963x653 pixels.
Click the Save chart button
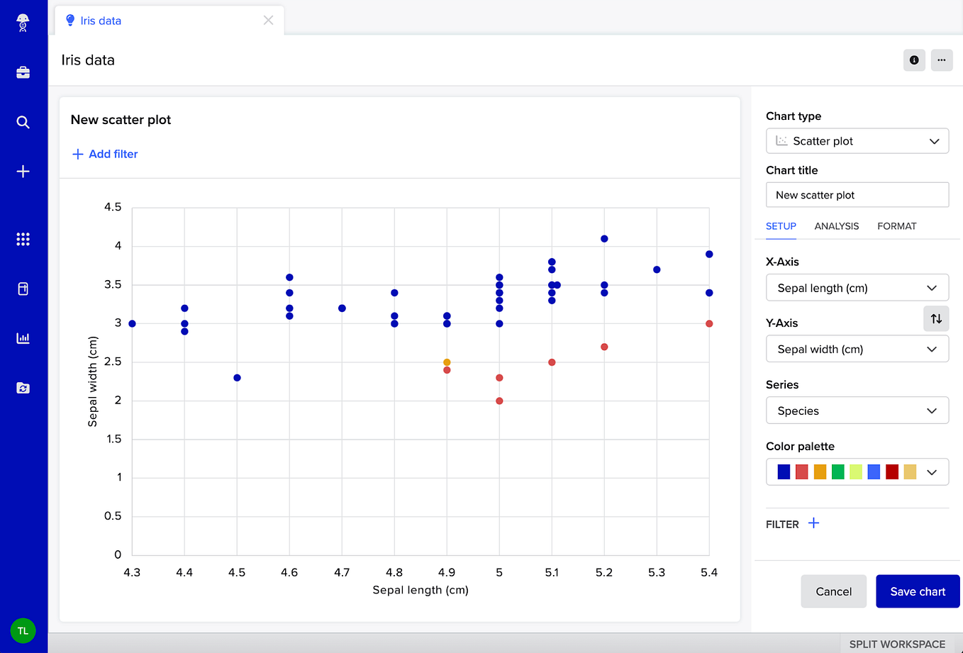(x=918, y=591)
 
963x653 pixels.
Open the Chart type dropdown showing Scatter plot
(x=857, y=141)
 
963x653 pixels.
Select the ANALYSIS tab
(x=836, y=226)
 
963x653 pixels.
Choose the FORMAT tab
(x=896, y=226)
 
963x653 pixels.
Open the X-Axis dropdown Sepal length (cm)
(x=857, y=288)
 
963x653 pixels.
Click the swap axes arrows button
(x=936, y=318)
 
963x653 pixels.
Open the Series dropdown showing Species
(x=857, y=411)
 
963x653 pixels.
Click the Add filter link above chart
(x=105, y=154)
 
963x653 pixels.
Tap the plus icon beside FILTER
(x=813, y=523)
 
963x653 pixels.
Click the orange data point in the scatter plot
(x=447, y=362)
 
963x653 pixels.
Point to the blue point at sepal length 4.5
(x=237, y=378)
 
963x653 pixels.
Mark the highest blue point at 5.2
(x=604, y=239)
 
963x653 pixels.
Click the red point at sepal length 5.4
(x=709, y=324)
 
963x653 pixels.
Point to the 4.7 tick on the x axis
(x=342, y=572)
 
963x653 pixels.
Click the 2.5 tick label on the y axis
(x=113, y=362)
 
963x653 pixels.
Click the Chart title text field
(x=857, y=195)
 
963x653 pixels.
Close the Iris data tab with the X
(x=268, y=21)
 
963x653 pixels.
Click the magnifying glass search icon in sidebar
(x=23, y=122)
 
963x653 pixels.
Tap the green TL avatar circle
(x=23, y=630)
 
